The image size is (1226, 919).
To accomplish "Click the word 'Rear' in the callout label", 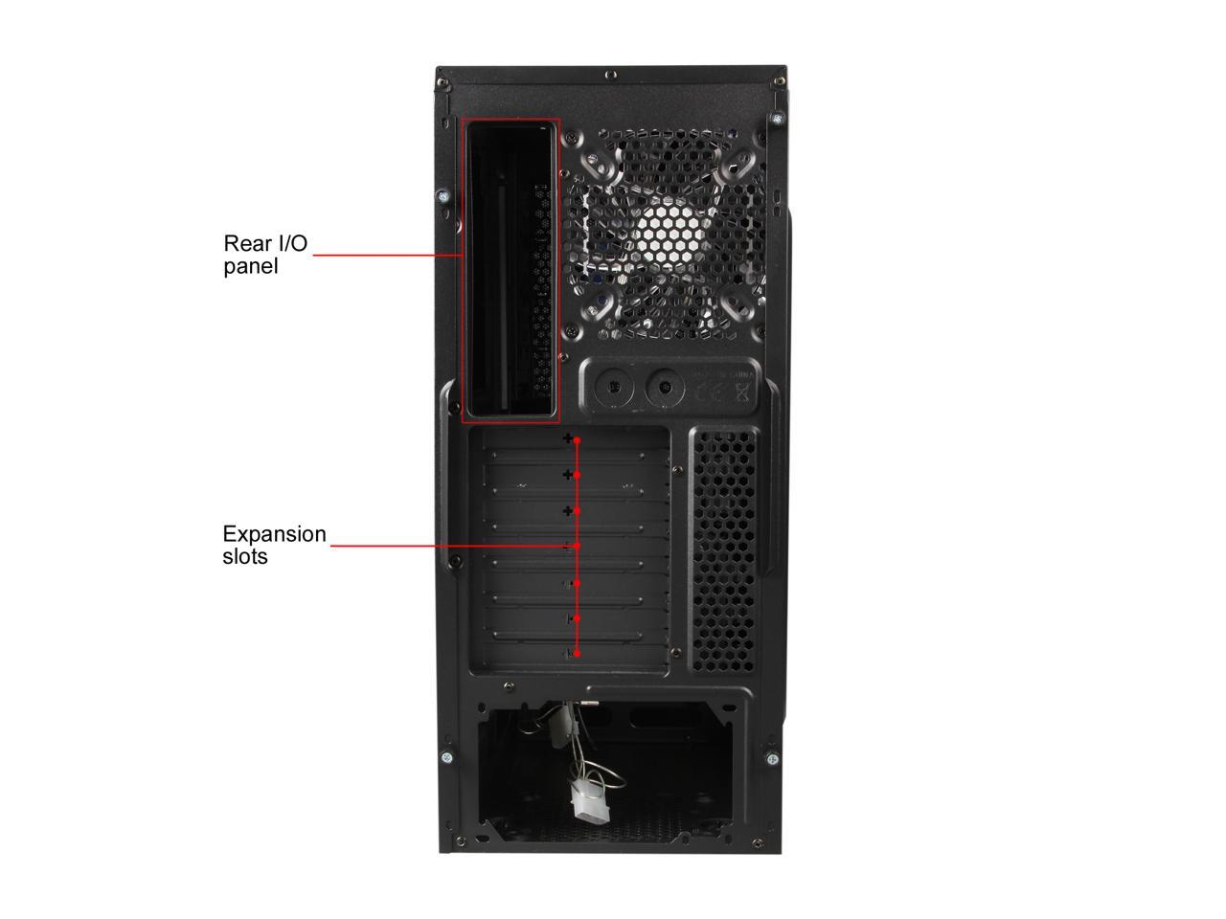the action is [x=245, y=243].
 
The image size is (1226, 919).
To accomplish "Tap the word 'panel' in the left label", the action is [x=251, y=266].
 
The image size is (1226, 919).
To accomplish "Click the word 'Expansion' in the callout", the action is [x=274, y=534].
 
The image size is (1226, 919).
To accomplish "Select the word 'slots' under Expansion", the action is [x=245, y=556].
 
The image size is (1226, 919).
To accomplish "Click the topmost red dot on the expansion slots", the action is [x=578, y=440].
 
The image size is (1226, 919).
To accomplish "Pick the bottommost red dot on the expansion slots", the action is [x=577, y=654].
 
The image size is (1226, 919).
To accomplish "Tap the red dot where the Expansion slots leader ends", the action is [x=578, y=547].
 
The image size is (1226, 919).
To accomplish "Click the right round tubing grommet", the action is [x=663, y=388].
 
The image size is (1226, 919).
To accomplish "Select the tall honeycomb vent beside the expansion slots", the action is [x=722, y=549].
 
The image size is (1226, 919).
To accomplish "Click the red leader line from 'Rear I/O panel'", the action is [x=383, y=256].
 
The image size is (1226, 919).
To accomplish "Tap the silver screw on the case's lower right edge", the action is [x=772, y=758].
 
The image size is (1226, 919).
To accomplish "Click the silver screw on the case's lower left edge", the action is [x=447, y=757].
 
